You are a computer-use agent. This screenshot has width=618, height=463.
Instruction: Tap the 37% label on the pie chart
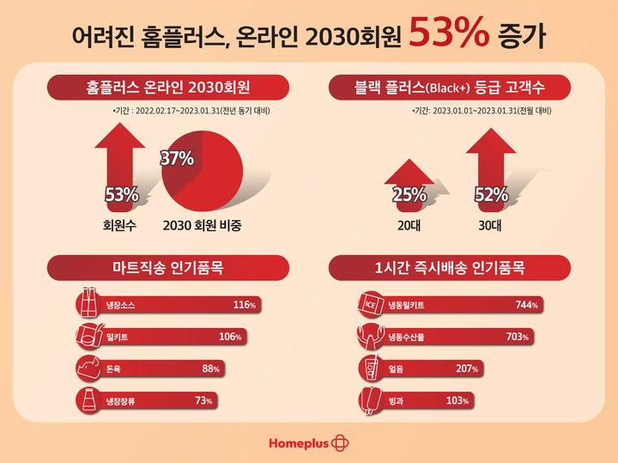pyautogui.click(x=178, y=158)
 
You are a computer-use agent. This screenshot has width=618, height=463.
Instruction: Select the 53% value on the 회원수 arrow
pyautogui.click(x=121, y=195)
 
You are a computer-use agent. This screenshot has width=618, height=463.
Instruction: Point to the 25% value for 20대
pyautogui.click(x=409, y=195)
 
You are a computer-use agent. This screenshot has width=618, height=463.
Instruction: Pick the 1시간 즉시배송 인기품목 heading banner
pyautogui.click(x=450, y=267)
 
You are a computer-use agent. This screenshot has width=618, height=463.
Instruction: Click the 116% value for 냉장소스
pyautogui.click(x=245, y=305)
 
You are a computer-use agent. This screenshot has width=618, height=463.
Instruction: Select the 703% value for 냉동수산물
pyautogui.click(x=518, y=337)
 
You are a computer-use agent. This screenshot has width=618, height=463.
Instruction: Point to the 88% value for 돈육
pyautogui.click(x=211, y=369)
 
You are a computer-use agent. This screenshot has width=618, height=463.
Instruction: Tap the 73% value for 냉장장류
pyautogui.click(x=203, y=400)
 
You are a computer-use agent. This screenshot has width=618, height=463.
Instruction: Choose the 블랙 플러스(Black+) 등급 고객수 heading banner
pyautogui.click(x=450, y=87)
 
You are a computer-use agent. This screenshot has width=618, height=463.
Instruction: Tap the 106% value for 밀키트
pyautogui.click(x=230, y=337)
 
